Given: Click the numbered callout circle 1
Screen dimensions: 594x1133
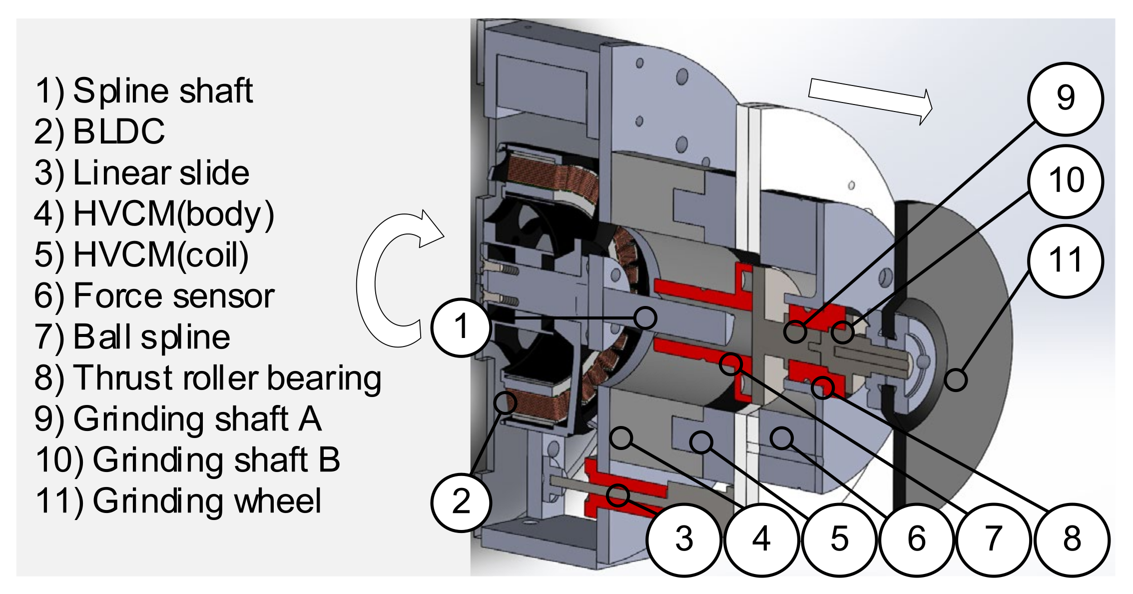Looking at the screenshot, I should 461,327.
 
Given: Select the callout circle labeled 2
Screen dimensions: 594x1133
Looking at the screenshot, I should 461,502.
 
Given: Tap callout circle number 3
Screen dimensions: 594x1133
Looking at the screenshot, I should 684,539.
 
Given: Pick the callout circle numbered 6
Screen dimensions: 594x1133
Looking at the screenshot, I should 917,539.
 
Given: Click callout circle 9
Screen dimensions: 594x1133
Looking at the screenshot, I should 1065,98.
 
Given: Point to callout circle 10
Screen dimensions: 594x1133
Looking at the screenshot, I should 1065,180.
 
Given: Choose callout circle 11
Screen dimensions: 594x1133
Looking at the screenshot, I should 1065,260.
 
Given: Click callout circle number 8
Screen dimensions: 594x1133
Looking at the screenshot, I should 1072,539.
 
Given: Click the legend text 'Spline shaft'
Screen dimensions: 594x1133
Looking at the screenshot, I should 163,91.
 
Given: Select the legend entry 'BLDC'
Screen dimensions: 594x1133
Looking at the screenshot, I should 119,132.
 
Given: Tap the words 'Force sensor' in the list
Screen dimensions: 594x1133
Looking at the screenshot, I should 174,296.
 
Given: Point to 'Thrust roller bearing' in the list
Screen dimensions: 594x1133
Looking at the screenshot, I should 227,378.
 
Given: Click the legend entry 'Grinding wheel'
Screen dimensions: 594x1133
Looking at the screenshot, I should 207,501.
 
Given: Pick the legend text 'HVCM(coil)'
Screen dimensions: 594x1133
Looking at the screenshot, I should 161,255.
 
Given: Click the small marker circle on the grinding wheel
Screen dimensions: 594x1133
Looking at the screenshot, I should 955,380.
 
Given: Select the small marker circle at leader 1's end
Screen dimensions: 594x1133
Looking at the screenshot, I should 645,318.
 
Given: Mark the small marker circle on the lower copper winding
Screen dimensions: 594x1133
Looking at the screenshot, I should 505,402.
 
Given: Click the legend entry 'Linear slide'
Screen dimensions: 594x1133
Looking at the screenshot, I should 161,173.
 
